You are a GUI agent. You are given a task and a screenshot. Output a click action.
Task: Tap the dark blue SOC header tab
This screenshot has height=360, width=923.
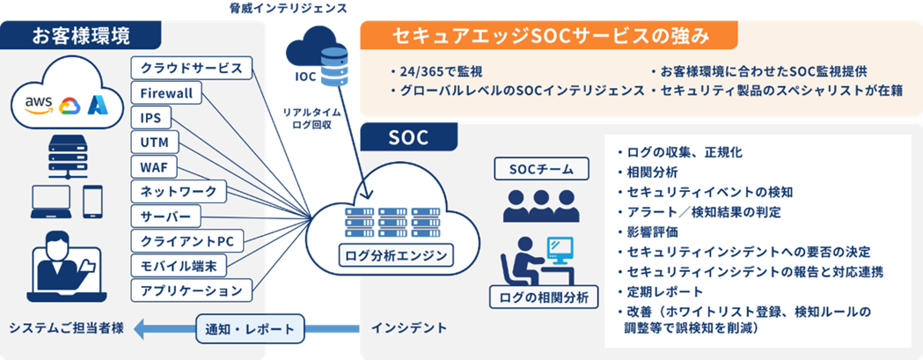(408, 138)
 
